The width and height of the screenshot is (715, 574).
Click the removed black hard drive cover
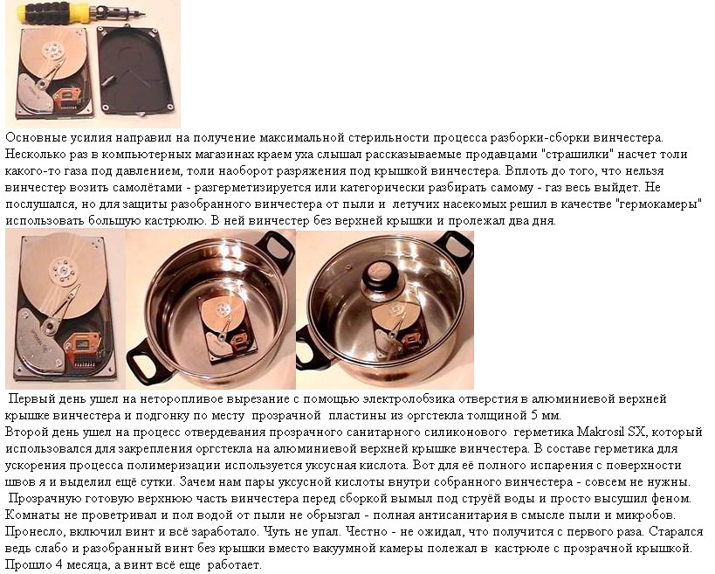pyautogui.click(x=136, y=71)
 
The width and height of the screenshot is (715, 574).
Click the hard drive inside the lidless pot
pyautogui.click(x=223, y=327)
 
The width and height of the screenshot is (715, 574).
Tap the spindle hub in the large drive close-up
pyautogui.click(x=63, y=270)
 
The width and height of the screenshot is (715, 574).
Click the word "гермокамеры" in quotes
pyautogui.click(x=658, y=204)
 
